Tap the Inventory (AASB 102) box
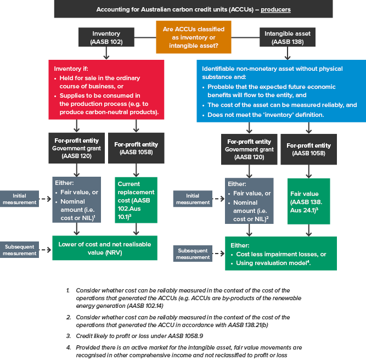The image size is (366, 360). pyautogui.click(x=106, y=37)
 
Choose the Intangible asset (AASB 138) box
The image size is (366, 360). pyautogui.click(x=287, y=37)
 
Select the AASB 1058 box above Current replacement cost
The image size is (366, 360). pyautogui.click(x=136, y=148)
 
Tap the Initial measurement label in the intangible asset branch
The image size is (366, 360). pyautogui.click(x=193, y=199)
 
